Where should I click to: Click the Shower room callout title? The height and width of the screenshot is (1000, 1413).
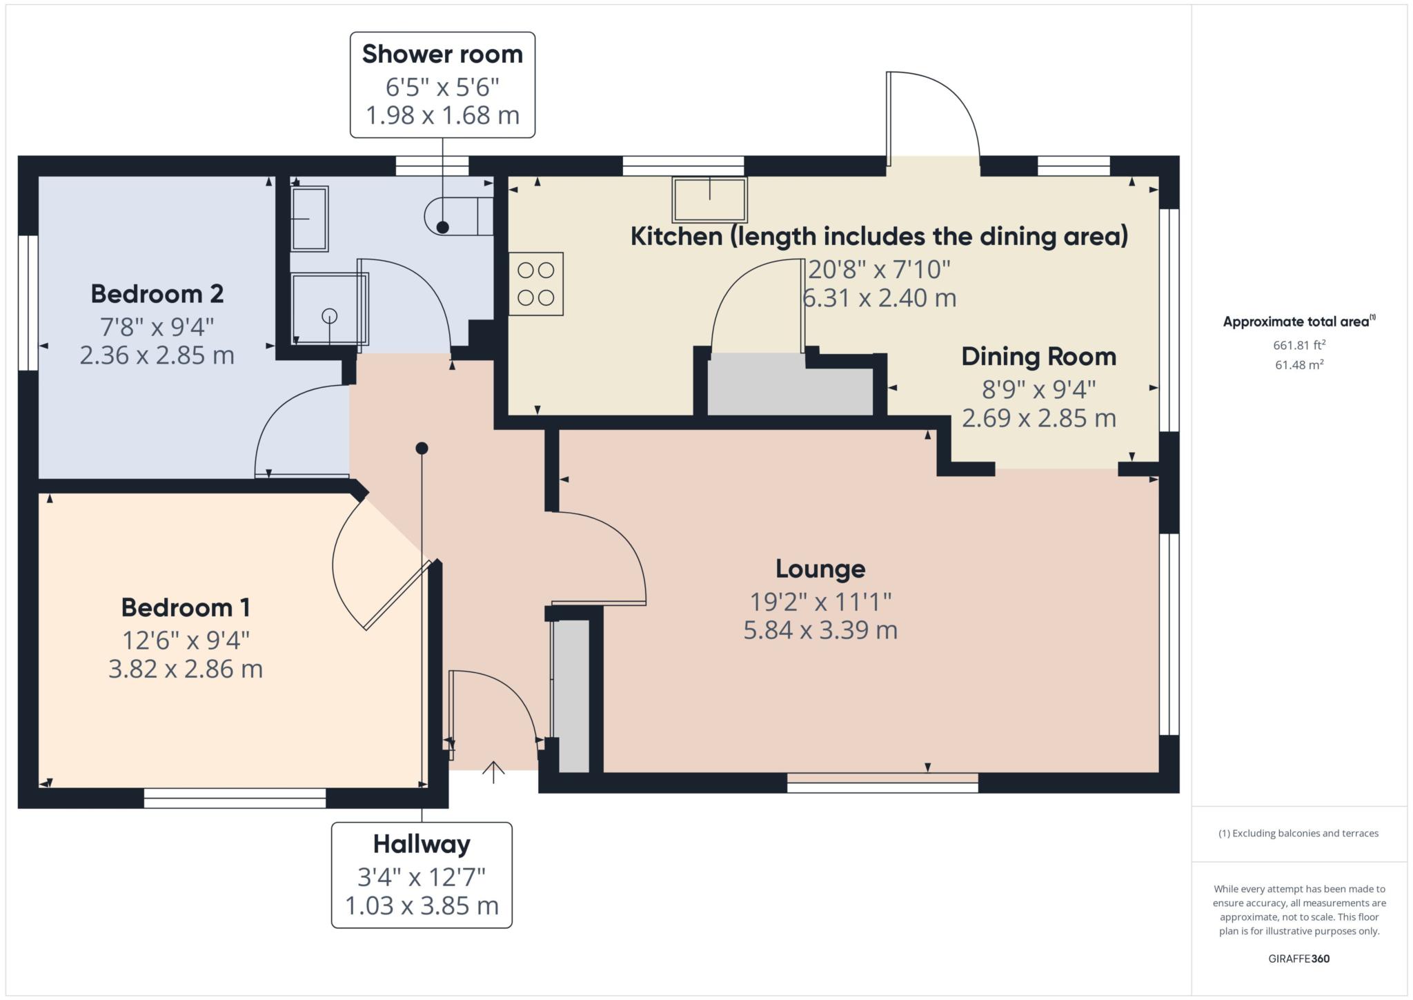pos(442,55)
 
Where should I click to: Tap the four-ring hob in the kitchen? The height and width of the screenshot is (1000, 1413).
pos(536,284)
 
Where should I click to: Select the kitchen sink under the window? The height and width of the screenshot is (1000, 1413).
pos(710,199)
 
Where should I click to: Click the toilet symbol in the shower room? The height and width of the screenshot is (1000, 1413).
pos(455,216)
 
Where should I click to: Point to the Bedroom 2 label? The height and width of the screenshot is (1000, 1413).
pos(157,294)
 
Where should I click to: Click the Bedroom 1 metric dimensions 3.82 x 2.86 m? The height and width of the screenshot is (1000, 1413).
pos(186,669)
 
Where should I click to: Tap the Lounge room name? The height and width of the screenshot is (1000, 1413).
pos(820,569)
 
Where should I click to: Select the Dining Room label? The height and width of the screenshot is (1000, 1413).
pos(1038,357)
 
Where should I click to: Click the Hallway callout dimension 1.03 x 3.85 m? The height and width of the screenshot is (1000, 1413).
pos(422,905)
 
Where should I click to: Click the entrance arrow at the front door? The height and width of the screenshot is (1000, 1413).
pos(493,772)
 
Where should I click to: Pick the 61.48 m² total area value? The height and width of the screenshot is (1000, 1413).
pos(1298,365)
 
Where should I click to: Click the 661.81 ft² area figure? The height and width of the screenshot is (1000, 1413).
pos(1298,345)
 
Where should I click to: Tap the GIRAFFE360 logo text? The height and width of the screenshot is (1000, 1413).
pos(1298,959)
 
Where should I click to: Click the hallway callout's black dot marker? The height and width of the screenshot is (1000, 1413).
pos(422,449)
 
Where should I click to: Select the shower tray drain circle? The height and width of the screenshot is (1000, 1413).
pos(330,316)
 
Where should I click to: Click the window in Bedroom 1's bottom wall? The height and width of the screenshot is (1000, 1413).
pos(235,798)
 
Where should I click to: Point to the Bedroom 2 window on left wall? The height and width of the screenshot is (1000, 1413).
pos(28,303)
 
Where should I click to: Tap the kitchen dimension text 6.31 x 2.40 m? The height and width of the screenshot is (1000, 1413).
pos(879,298)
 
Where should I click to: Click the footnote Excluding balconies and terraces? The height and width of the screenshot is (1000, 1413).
pos(1298,834)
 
